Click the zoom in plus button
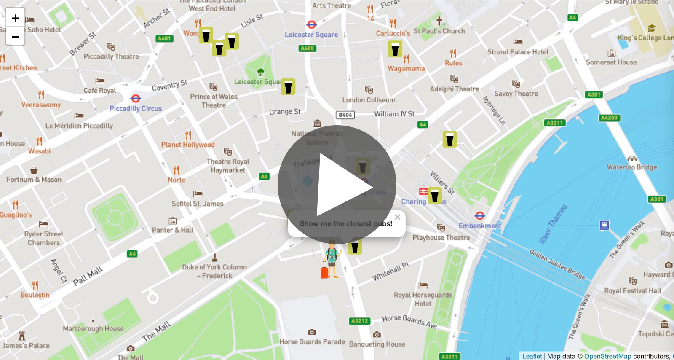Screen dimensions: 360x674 tap(16, 18)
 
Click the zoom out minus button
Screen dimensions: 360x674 tap(16, 37)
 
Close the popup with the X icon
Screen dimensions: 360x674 tap(397, 218)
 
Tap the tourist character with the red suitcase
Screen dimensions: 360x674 tap(331, 260)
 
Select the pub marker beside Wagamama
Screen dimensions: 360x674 tap(395, 49)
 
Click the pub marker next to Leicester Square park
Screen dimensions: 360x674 tap(288, 87)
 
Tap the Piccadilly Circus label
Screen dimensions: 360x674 tap(136, 108)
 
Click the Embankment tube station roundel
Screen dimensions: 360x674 tap(480, 216)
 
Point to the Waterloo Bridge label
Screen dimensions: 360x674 tap(632, 167)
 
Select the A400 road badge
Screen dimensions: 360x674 tap(308, 48)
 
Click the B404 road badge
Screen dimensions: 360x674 tap(345, 115)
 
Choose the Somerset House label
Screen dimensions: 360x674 tap(611, 62)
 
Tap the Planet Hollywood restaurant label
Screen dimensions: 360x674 tap(188, 145)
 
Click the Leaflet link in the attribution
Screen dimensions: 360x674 tap(532, 356)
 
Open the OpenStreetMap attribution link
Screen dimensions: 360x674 tap(607, 356)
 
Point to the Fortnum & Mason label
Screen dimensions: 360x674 tap(34, 180)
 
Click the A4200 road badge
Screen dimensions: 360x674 tap(609, 118)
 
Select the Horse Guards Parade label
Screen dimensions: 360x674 tap(312, 342)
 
